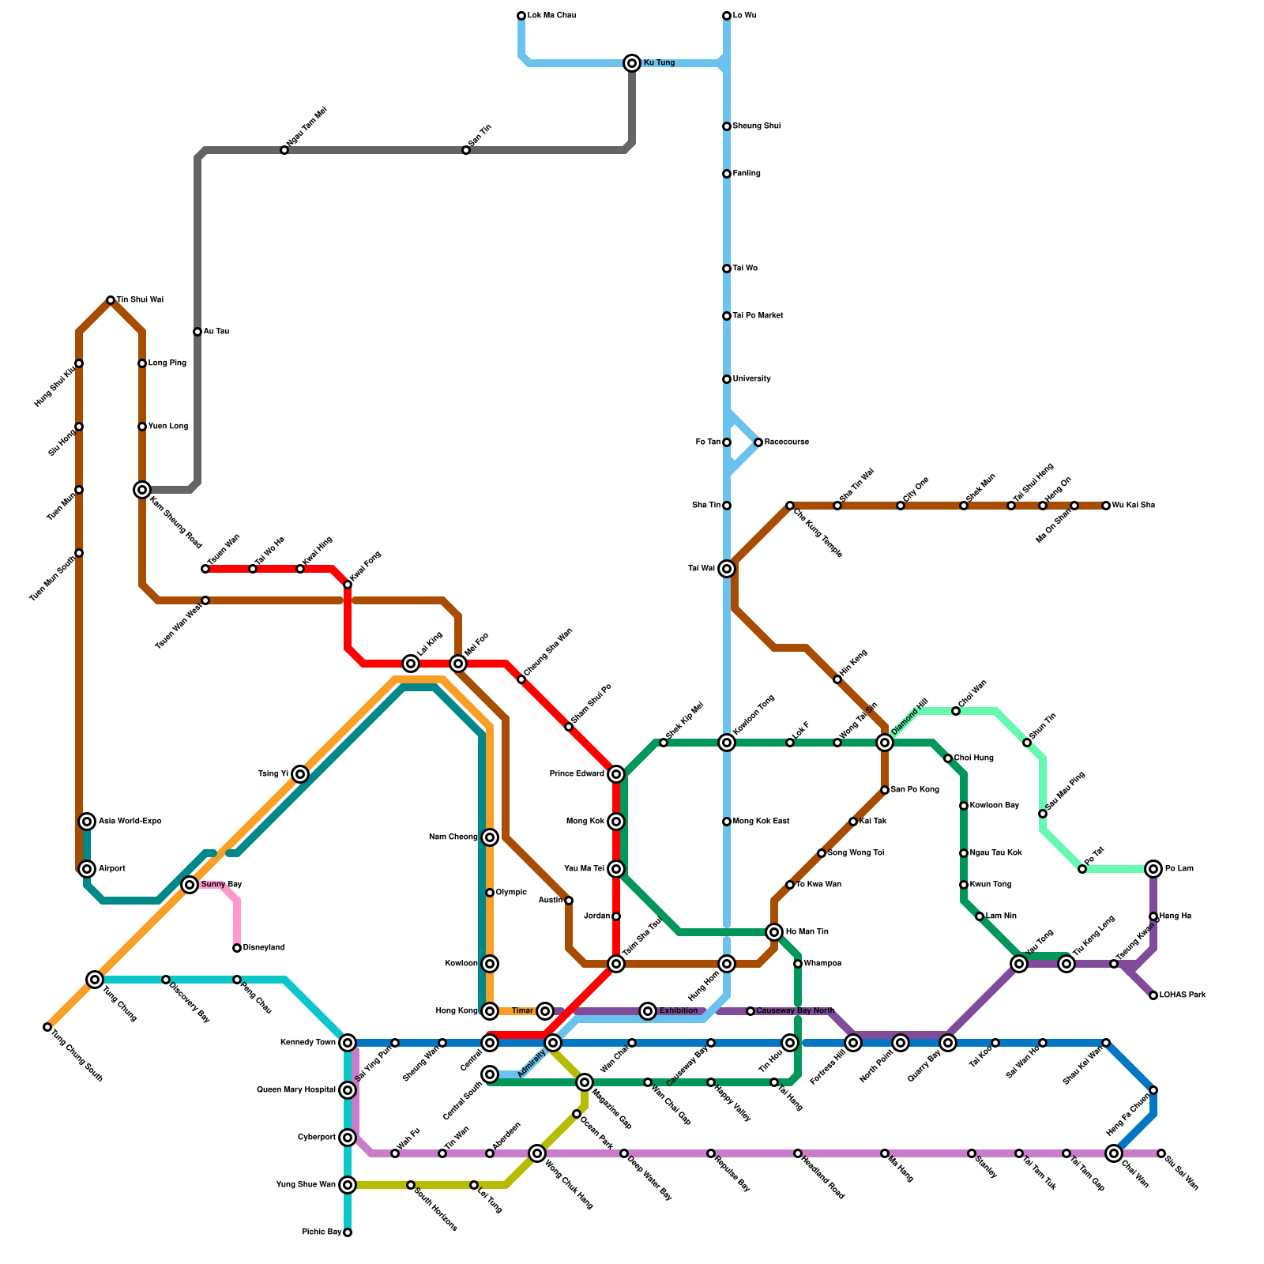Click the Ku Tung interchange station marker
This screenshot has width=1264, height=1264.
[632, 63]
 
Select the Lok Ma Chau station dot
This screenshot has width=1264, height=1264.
[521, 16]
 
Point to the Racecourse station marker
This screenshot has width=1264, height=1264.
[758, 442]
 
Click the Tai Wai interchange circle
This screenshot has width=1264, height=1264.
[727, 569]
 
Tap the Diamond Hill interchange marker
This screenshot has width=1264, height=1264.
[885, 743]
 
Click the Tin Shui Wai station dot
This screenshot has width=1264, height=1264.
[111, 300]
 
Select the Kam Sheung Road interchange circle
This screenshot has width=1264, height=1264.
[142, 490]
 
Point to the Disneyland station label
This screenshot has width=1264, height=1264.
[263, 948]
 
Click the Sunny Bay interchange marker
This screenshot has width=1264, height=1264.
[190, 885]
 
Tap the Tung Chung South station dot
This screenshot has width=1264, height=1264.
[47, 1027]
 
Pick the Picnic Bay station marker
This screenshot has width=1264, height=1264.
[348, 1232]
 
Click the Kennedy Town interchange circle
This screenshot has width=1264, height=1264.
[348, 1043]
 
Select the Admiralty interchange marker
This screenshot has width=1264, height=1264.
[553, 1043]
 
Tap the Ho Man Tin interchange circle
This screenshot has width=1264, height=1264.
[774, 932]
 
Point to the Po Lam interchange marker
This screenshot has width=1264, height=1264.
[1153, 869]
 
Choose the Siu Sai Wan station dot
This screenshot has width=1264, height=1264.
[1161, 1153]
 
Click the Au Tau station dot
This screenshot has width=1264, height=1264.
[197, 332]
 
